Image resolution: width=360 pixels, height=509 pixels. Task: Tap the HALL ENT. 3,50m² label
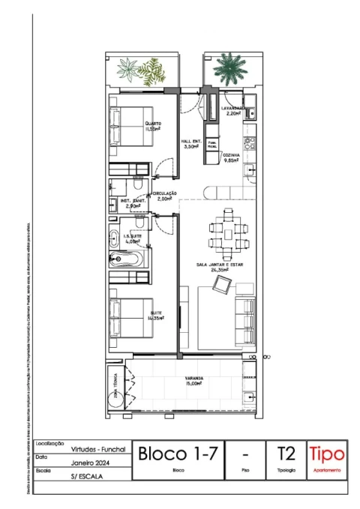(190, 145)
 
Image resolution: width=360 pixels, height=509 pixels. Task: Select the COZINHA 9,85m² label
(231, 157)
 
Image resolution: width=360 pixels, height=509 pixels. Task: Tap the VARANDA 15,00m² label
(195, 380)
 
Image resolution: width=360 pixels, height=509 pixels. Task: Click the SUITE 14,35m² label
(157, 315)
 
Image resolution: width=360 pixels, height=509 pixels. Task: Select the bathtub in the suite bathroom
(127, 262)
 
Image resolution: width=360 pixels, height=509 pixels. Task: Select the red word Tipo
(327, 454)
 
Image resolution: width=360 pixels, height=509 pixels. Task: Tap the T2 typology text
(286, 454)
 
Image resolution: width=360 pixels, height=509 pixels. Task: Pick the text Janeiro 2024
(93, 464)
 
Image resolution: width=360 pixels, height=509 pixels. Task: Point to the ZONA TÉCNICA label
(117, 385)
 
